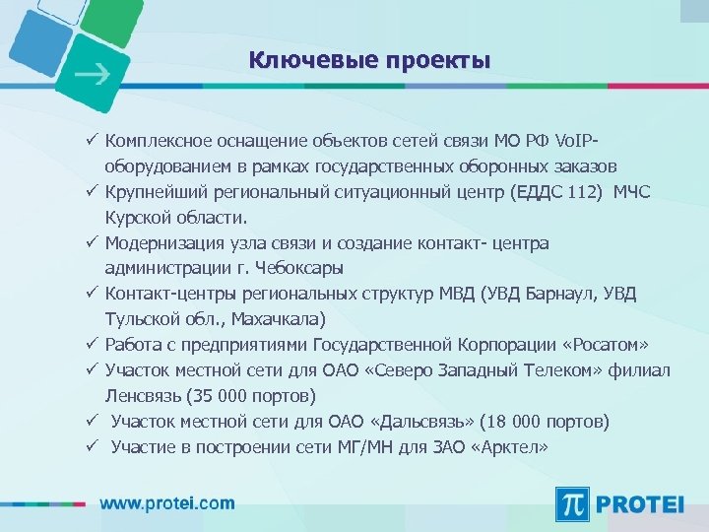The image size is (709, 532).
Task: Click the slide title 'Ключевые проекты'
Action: [x=369, y=61]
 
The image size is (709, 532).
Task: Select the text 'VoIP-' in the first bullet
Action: [x=578, y=140]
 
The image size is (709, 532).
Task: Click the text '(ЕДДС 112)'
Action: [x=558, y=191]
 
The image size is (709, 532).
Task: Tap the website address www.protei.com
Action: [x=167, y=502]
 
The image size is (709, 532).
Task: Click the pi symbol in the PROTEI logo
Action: [x=572, y=504]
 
